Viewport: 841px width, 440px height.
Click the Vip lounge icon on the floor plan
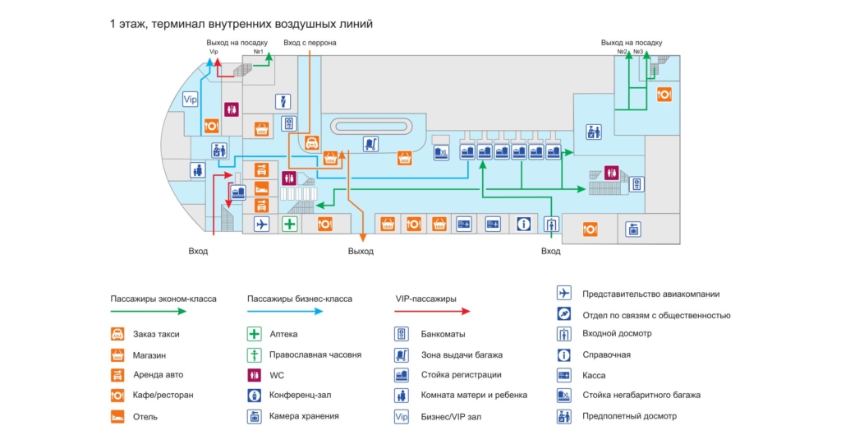coord(191,100)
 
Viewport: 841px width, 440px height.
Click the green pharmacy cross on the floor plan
coord(289,224)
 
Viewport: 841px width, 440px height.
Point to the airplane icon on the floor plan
coord(262,224)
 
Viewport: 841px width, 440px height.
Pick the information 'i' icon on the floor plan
coord(523,224)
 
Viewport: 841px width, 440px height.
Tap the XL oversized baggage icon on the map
coord(441,152)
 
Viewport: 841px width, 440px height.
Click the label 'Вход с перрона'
coord(310,43)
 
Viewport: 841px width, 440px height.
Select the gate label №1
coord(258,52)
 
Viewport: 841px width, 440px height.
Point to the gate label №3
coord(638,52)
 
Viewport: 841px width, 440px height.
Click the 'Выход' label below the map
coord(361,251)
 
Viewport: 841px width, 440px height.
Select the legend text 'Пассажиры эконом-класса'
coord(163,299)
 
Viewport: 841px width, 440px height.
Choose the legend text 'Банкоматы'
coord(443,335)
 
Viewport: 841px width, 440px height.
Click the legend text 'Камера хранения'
coord(304,416)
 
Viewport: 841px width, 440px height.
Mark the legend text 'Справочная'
coord(606,355)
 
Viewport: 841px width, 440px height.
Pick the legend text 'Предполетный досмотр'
coord(629,416)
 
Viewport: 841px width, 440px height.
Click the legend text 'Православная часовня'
coord(315,355)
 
